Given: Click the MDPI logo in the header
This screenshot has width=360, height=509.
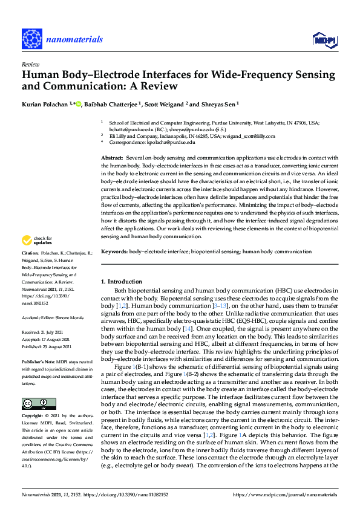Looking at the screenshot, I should click(324, 40).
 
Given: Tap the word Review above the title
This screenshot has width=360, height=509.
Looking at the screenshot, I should click(30, 63).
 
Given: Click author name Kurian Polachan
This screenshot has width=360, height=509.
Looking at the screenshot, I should click(44, 104).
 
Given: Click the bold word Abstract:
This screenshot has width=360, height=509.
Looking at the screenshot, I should click(112, 158).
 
